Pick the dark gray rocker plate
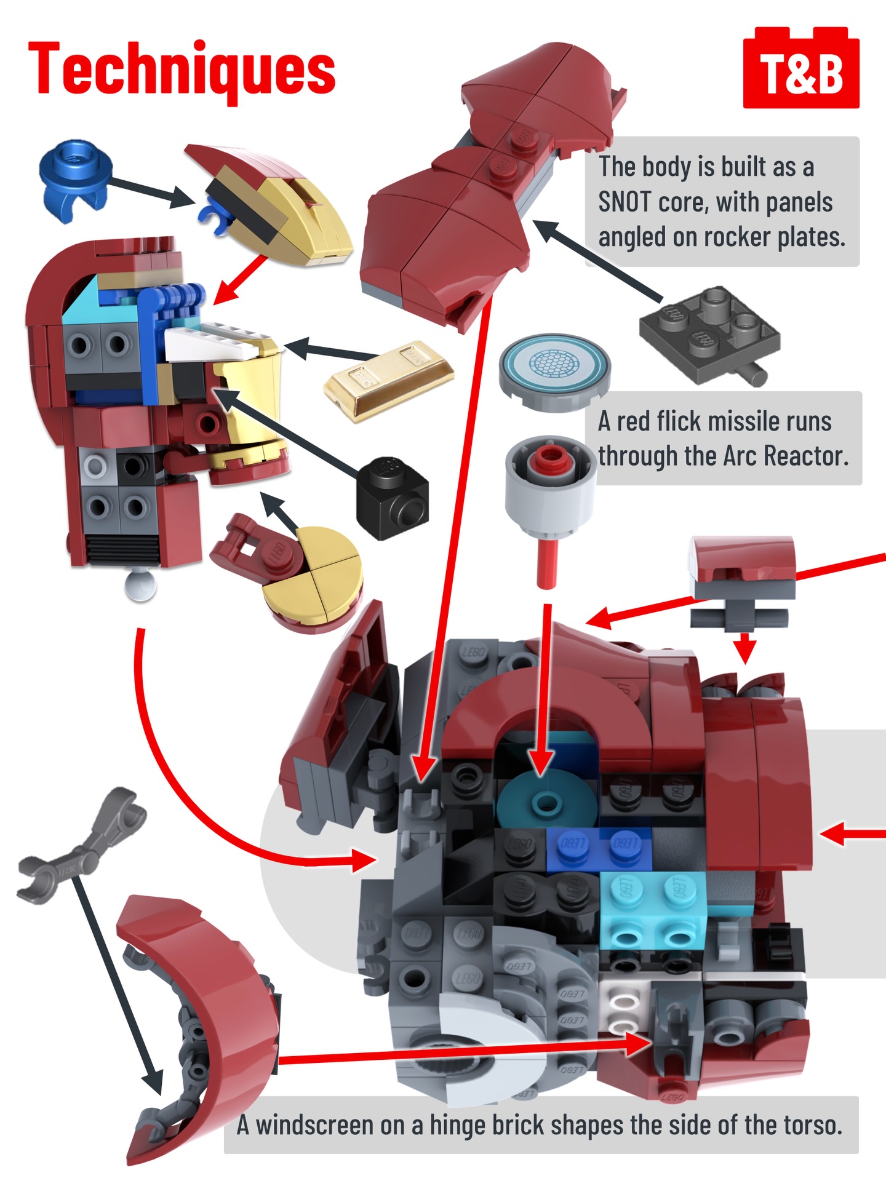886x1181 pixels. click(x=708, y=335)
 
